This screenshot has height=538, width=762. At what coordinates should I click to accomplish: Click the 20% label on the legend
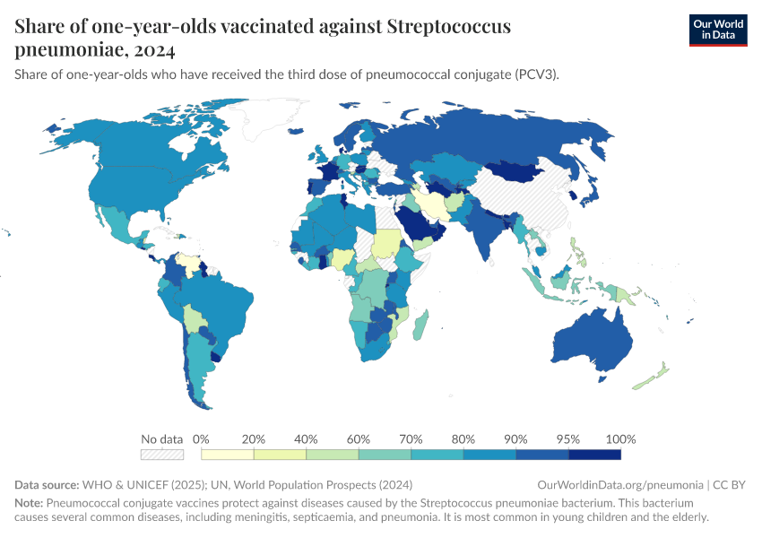(x=254, y=439)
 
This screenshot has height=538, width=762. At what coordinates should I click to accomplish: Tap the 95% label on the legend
(x=568, y=439)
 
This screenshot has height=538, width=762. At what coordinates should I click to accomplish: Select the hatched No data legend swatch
(x=162, y=455)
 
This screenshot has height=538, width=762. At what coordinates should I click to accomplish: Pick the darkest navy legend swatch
(x=594, y=455)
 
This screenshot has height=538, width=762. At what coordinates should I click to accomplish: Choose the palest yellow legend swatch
(x=228, y=455)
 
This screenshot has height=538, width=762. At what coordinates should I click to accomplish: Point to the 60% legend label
(x=359, y=439)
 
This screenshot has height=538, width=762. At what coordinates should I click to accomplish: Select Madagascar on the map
(x=420, y=322)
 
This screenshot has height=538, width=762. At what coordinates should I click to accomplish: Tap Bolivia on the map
(x=194, y=317)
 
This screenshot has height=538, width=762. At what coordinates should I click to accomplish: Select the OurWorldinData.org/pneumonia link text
(x=619, y=484)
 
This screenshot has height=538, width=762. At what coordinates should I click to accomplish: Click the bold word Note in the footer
(x=28, y=503)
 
